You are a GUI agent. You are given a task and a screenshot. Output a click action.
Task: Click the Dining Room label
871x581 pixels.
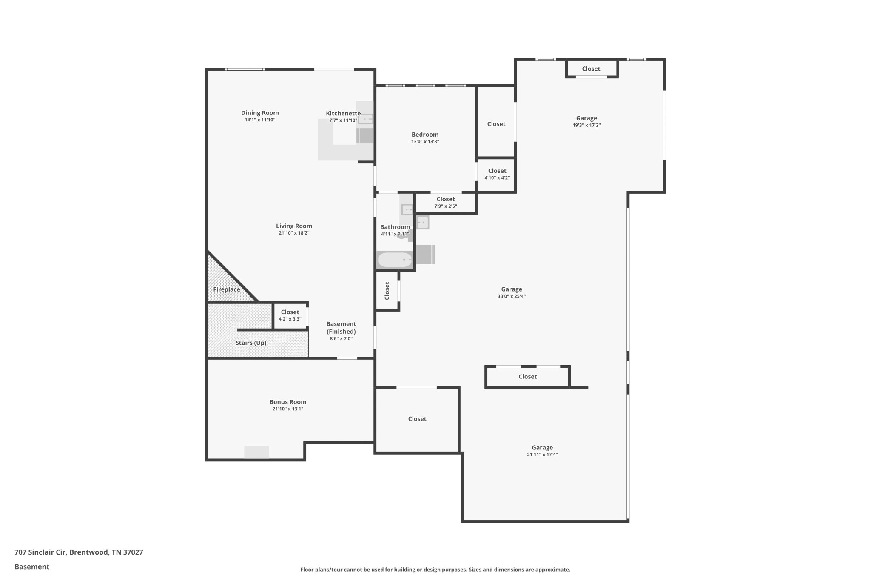tap(260, 113)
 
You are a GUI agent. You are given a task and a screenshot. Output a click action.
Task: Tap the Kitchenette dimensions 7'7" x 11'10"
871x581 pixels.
tap(343, 120)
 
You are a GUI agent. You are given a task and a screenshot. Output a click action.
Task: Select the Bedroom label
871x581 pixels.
tap(425, 135)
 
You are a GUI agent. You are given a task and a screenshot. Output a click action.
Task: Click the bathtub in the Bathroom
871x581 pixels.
tap(395, 260)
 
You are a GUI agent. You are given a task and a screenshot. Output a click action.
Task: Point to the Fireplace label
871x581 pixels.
tap(227, 289)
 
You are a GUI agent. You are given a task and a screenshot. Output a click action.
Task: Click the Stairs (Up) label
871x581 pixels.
tap(251, 343)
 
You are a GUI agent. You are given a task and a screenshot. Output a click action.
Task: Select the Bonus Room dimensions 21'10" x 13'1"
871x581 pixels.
tap(288, 409)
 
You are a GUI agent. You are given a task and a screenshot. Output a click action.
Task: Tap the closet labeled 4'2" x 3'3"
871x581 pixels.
tap(290, 315)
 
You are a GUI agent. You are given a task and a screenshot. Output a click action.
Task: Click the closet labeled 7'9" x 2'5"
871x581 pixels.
tap(445, 202)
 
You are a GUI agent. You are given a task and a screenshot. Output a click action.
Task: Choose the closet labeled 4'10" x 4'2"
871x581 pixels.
tap(497, 174)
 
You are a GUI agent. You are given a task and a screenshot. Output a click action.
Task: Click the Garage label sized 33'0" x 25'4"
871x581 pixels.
tap(511, 289)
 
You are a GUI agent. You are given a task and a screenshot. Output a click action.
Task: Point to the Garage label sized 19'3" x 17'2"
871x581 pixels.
tap(586, 118)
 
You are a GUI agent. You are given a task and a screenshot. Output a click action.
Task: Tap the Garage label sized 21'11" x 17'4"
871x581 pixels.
tap(542, 448)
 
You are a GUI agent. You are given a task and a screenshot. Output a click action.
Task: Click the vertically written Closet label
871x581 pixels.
tap(387, 291)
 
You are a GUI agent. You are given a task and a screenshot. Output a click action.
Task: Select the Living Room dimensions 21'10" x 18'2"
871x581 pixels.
tap(294, 233)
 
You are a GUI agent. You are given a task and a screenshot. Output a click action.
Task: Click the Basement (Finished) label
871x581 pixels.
tap(341, 328)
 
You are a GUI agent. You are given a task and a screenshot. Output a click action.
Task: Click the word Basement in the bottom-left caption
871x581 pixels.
tap(32, 567)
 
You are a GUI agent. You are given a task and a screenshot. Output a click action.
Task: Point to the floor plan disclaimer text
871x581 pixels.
tap(435, 570)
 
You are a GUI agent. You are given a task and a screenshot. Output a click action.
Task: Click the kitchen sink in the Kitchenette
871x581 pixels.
tap(365, 119)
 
